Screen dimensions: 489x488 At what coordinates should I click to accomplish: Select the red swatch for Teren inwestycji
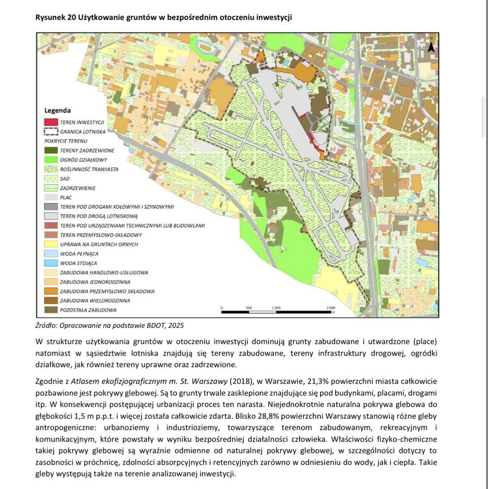click(50, 122)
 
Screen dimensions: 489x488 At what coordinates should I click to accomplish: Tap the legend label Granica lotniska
click(82, 131)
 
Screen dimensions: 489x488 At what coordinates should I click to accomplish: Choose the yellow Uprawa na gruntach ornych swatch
click(50, 244)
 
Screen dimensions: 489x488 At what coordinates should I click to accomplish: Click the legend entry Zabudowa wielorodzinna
click(95, 301)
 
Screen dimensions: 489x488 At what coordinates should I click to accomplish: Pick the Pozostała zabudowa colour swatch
click(50, 310)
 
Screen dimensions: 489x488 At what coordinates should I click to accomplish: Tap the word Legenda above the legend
click(58, 111)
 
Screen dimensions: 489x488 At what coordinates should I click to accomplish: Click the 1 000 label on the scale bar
click(276, 308)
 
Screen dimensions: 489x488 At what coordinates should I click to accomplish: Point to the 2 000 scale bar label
click(330, 308)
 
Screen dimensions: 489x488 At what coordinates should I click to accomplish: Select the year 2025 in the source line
click(173, 325)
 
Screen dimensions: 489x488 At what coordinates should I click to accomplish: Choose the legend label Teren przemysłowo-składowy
click(100, 235)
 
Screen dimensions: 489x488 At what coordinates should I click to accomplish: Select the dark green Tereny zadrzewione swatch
click(50, 151)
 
